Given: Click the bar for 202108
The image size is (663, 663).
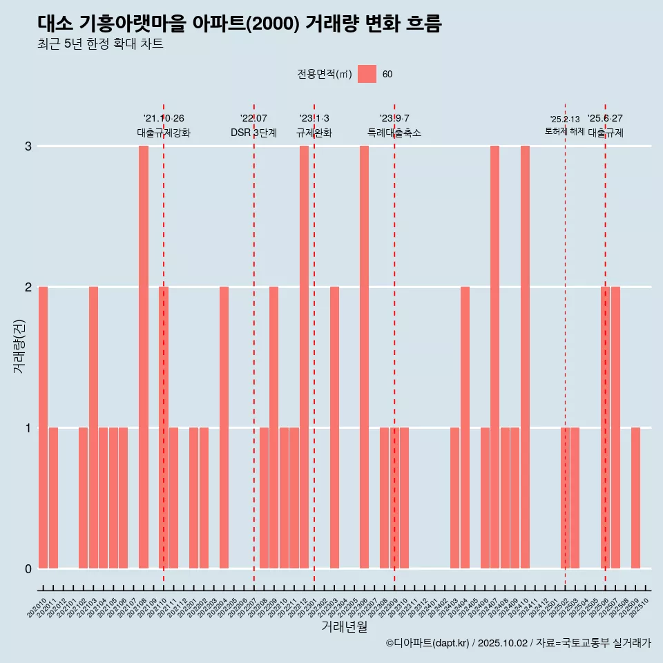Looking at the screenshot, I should click(144, 356).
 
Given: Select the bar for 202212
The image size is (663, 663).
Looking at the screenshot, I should click(304, 356).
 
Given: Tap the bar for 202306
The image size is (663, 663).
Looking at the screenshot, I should click(364, 356).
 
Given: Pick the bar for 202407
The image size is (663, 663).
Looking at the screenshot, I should click(494, 356).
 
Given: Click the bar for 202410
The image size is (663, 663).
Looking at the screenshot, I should click(525, 356).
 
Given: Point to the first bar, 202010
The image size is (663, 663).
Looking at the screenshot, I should click(43, 427).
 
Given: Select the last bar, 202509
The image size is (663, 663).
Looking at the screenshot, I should click(635, 497).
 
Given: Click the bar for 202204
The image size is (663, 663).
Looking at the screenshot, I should click(224, 427).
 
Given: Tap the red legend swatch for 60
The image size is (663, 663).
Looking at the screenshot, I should click(367, 74).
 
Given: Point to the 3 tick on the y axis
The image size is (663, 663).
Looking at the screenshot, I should click(28, 146).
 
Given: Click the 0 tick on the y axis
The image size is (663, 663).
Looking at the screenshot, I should click(28, 568).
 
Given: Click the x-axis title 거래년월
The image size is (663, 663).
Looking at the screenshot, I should click(344, 626).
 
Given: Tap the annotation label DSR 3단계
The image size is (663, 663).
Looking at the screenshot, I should click(253, 133).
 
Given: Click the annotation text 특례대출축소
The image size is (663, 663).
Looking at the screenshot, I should click(394, 133).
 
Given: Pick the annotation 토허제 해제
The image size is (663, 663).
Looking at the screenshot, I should click(564, 131).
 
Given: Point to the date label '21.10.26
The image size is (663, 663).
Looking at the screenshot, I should click(164, 118).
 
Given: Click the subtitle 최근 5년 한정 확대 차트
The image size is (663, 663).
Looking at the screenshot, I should click(101, 44).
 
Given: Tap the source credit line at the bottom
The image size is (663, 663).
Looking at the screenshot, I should click(518, 643).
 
